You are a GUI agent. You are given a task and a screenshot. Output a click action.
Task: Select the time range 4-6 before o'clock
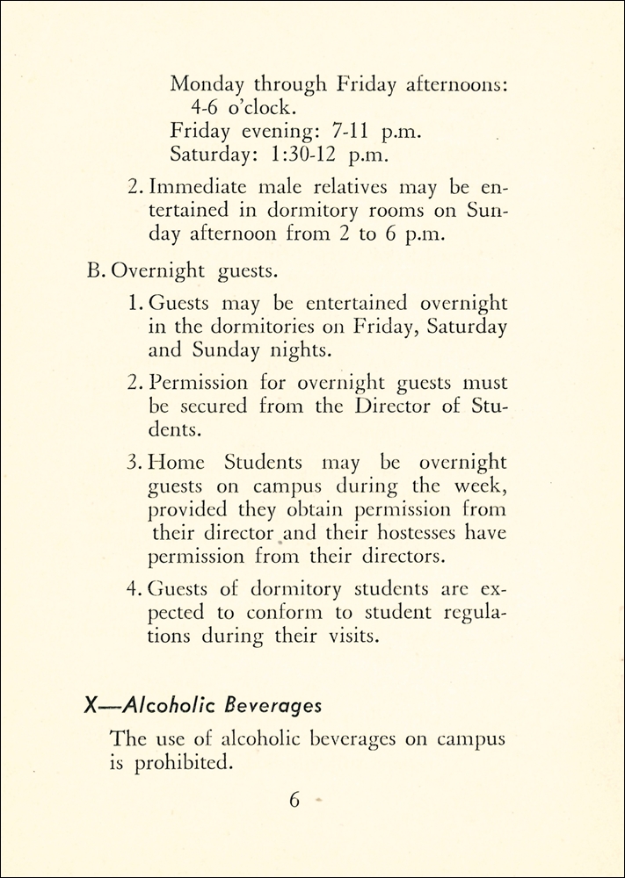point(208,108)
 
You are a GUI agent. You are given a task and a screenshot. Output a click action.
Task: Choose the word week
point(481,486)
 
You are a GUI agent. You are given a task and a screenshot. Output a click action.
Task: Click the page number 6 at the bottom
point(294,801)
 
